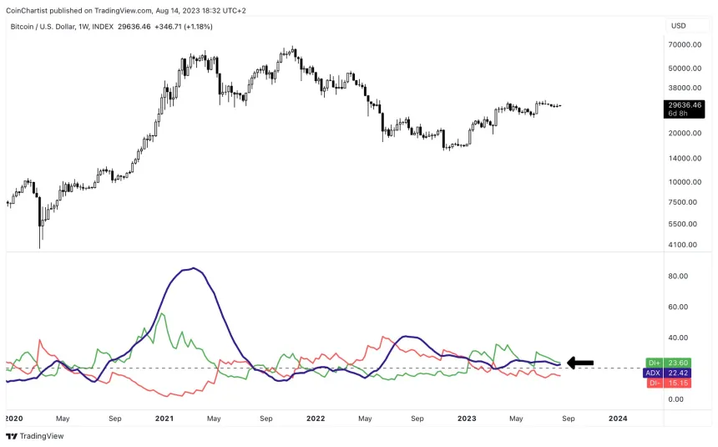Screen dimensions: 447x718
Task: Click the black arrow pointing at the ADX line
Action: [x=580, y=363]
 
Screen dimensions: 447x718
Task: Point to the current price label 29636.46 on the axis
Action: [x=684, y=105]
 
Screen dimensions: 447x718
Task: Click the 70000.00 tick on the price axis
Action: [x=684, y=44]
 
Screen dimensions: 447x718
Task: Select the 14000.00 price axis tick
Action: [x=684, y=158]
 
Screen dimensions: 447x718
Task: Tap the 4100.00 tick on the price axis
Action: [x=684, y=245]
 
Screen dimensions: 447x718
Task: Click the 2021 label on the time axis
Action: [x=163, y=417]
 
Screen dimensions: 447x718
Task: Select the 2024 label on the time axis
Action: [x=619, y=417]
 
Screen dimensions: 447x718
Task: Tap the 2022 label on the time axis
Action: [x=316, y=417]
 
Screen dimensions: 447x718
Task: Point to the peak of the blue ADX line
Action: [x=194, y=268]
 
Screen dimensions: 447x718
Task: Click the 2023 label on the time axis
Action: [x=467, y=417]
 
